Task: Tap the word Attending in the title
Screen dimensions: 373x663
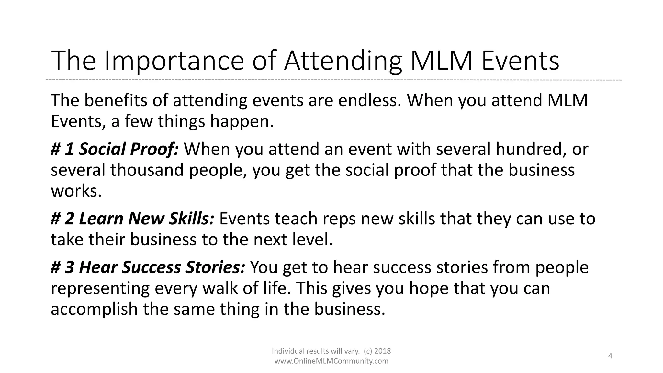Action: click(x=343, y=61)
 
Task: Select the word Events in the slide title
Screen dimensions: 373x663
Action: click(x=520, y=61)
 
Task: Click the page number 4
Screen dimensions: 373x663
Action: click(x=610, y=356)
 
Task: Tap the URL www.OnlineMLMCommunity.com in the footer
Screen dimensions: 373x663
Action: click(x=331, y=361)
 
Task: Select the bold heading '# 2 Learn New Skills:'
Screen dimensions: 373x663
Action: click(x=132, y=219)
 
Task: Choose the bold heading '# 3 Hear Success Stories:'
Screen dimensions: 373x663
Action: click(x=148, y=267)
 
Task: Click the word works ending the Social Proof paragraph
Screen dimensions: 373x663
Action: click(x=76, y=191)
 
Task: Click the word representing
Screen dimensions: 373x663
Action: click(x=100, y=288)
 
